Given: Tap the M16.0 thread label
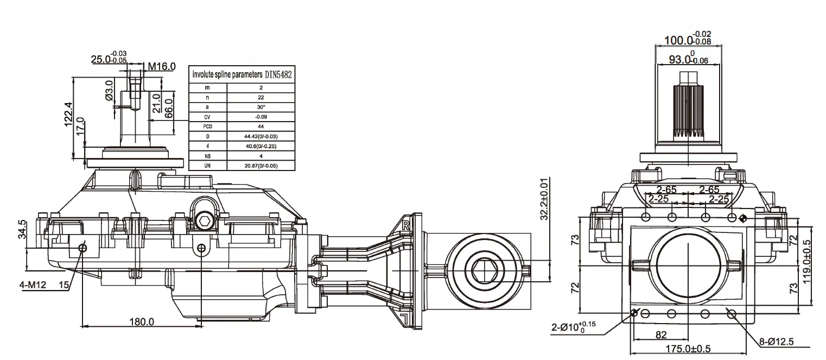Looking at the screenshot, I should (x=162, y=66).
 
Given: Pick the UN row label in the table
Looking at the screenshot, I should (x=207, y=165).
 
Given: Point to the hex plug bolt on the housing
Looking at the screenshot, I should (x=205, y=220).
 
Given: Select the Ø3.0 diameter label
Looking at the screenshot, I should (x=109, y=90).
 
